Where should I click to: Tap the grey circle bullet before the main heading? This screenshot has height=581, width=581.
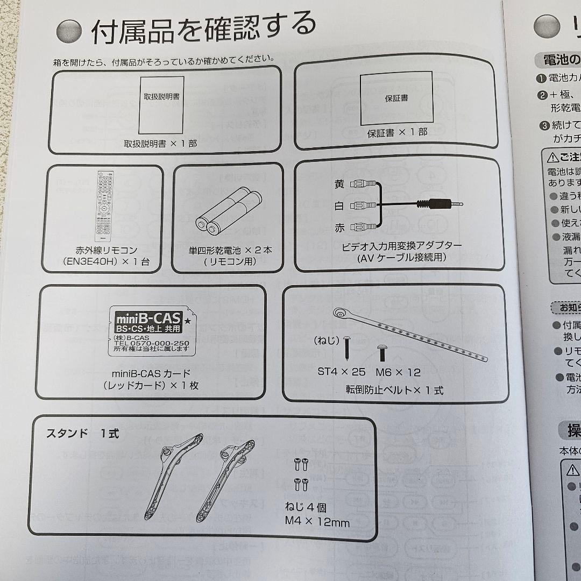69,32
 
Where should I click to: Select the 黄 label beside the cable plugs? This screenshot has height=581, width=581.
339,184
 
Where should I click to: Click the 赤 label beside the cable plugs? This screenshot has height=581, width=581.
339,228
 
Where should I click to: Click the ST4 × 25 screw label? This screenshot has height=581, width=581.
342,372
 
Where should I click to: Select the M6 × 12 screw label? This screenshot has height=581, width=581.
398,372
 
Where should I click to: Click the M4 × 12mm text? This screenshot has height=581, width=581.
317,522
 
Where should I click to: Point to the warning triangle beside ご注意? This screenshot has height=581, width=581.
552,158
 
